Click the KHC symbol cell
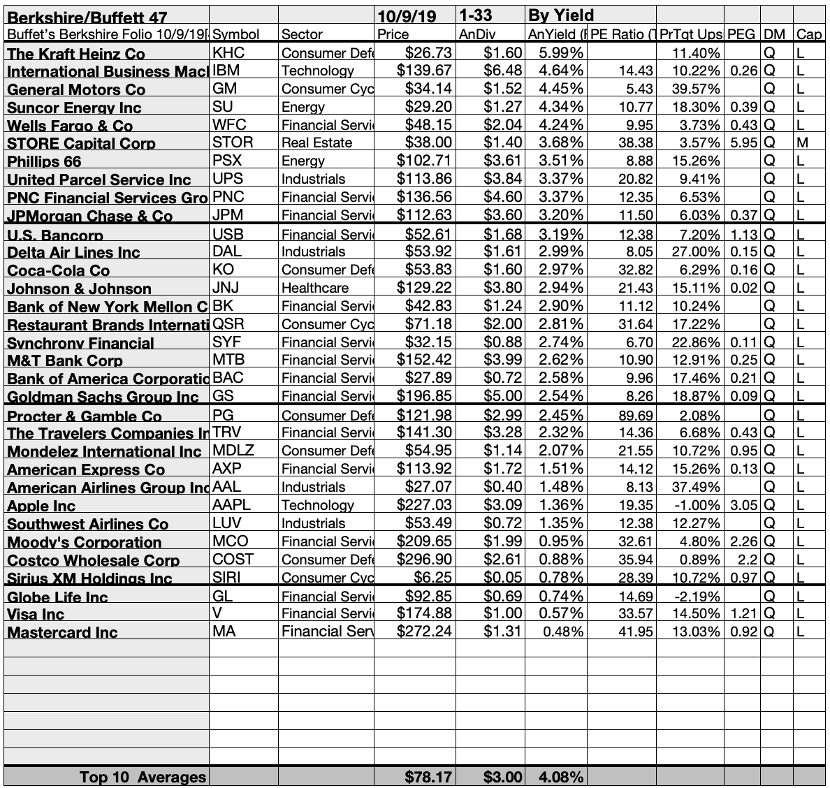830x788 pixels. tap(228, 53)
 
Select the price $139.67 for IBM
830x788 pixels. tap(424, 71)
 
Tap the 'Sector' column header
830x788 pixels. tap(302, 34)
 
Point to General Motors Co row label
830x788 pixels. tap(77, 89)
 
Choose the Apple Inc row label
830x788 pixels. tap(41, 506)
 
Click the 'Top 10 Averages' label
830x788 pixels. tap(143, 777)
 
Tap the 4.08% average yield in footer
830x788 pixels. tap(560, 777)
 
